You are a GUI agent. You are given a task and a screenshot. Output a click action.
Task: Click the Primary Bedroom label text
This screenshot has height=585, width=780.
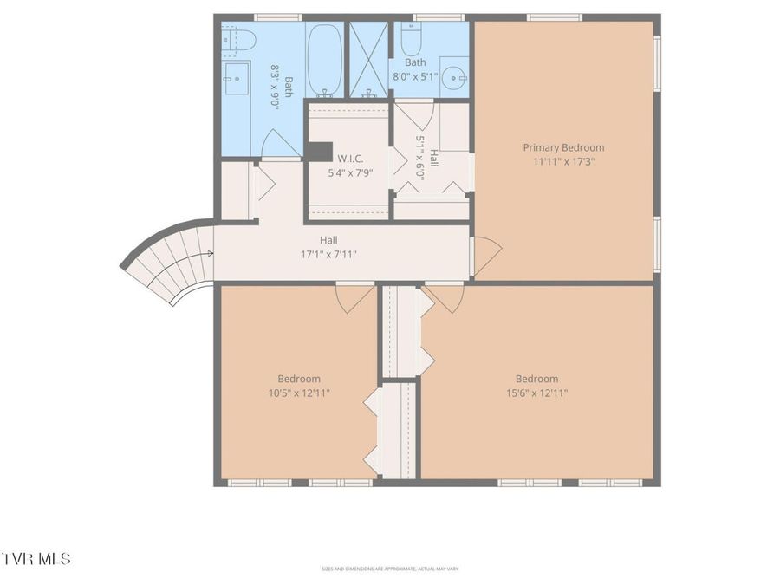(563, 147)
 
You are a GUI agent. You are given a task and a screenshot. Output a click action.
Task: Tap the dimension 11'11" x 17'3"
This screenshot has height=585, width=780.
(563, 161)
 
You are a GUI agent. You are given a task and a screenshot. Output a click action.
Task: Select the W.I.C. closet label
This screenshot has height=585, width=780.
(350, 159)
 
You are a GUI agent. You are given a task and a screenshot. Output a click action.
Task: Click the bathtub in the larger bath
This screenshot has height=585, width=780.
(325, 60)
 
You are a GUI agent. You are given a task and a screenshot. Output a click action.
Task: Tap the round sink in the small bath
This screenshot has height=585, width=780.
(453, 76)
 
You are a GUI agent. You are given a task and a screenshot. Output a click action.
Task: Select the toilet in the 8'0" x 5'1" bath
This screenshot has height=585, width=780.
(410, 40)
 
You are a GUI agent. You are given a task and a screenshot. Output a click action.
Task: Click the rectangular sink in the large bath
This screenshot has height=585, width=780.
(236, 79)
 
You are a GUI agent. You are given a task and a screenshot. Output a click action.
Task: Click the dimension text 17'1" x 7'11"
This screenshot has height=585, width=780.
(328, 254)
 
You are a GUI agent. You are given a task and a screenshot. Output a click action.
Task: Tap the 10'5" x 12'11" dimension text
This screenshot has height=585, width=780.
(299, 393)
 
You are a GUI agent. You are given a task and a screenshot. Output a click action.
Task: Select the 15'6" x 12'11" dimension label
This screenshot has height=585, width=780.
(536, 393)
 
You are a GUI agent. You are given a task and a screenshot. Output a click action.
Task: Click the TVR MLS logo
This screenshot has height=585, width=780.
(36, 558)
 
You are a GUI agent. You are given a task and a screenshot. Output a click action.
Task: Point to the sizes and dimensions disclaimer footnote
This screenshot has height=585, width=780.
(389, 569)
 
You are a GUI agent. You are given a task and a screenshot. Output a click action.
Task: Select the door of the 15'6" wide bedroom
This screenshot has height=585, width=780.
(445, 297)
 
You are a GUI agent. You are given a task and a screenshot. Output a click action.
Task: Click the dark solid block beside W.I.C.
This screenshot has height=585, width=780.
(319, 151)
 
